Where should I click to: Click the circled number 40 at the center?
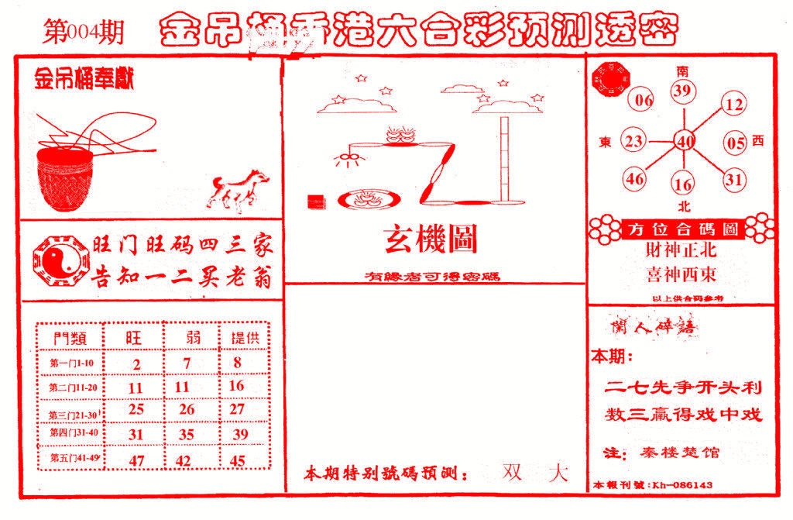tap(684, 141)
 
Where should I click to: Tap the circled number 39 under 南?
tap(681, 92)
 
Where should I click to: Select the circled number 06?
tap(644, 100)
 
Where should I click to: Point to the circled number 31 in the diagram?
tap(733, 180)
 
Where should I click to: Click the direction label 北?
tap(683, 207)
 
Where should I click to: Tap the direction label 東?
tap(606, 143)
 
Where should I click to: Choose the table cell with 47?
tap(137, 460)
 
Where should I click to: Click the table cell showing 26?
tap(186, 408)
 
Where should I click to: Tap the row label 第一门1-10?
tap(71, 363)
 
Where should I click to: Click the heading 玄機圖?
tap(431, 241)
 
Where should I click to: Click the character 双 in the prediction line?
tap(512, 471)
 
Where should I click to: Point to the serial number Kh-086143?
tap(681, 485)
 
